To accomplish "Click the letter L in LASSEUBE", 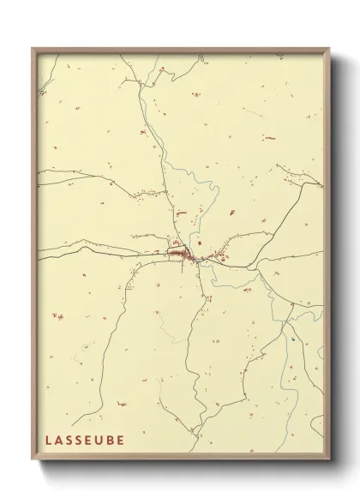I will [x=48, y=440].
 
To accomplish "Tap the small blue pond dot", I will [x=292, y=341].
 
